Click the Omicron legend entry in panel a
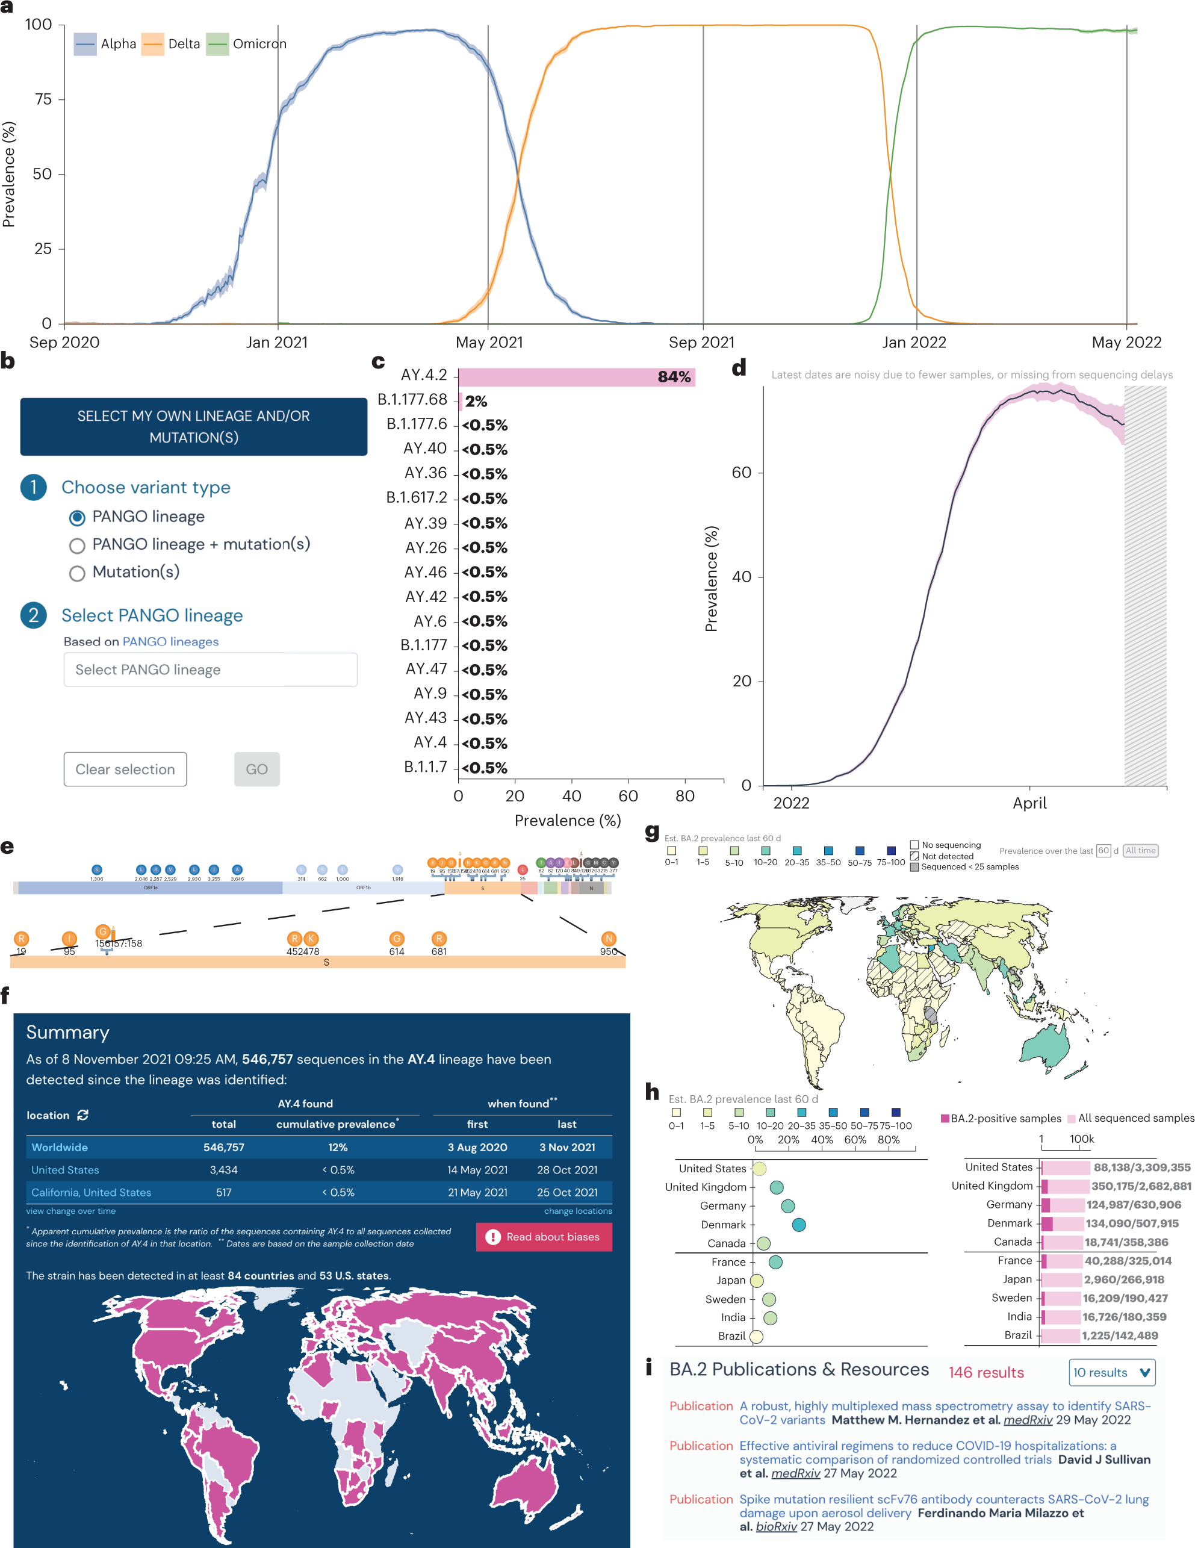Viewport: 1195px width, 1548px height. pos(247,44)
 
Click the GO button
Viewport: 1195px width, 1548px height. pos(256,769)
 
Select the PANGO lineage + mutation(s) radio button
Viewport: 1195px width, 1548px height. pos(77,545)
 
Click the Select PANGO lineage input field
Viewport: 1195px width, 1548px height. pos(211,670)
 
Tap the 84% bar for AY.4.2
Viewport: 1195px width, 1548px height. pos(576,377)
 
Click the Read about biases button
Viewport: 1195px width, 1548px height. pos(544,1237)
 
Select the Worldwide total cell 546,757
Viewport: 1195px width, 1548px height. pos(223,1148)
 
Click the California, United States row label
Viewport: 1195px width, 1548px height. pos(92,1193)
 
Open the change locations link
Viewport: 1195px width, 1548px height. pos(578,1211)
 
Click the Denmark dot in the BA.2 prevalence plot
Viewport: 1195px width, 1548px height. pos(798,1225)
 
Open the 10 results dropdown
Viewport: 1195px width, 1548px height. pos(1111,1372)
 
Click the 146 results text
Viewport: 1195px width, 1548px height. pos(986,1372)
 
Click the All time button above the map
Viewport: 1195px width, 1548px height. pos(1140,851)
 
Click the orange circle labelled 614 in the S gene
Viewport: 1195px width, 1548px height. pos(397,939)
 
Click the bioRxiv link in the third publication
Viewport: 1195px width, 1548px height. pos(776,1527)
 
